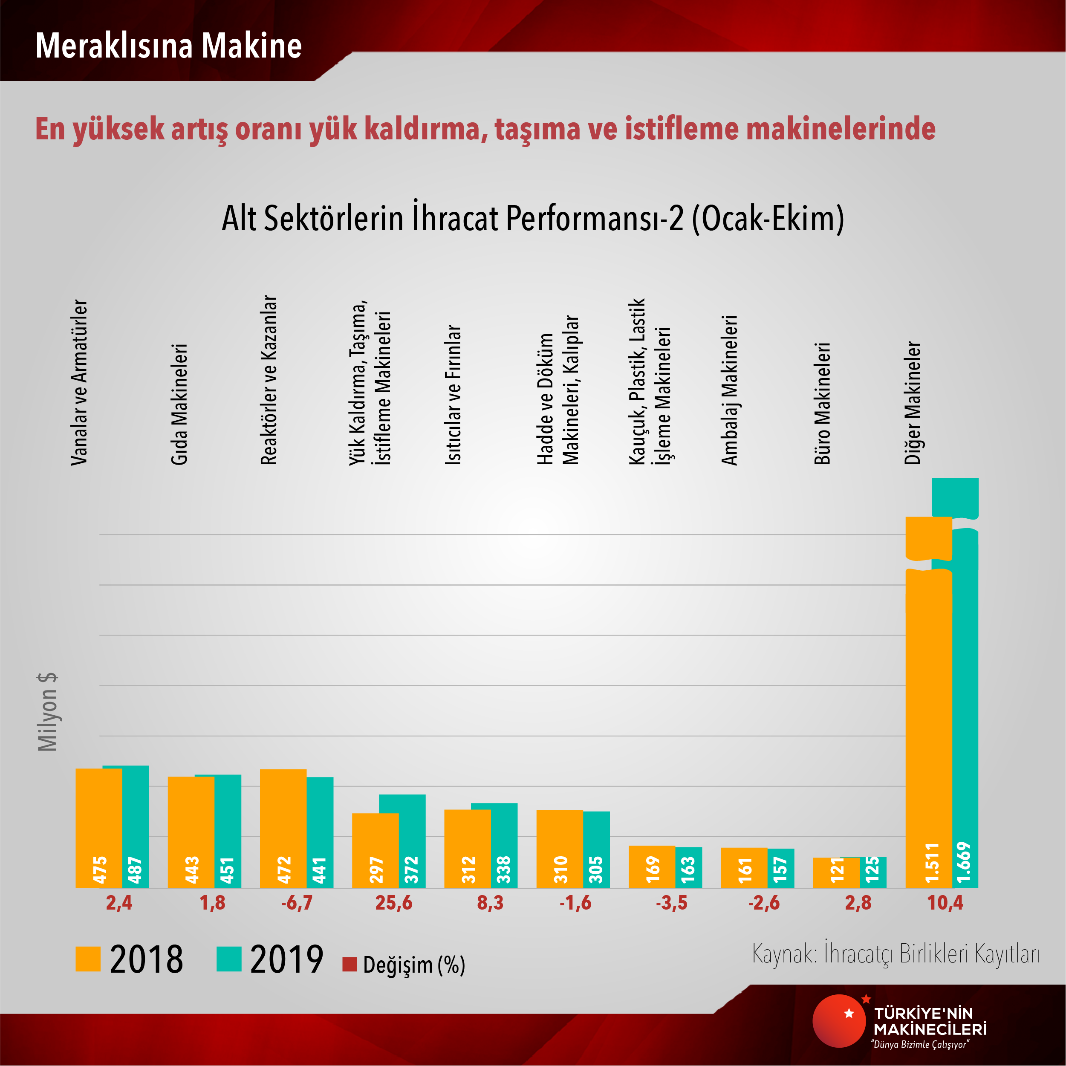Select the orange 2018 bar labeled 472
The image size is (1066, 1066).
283,828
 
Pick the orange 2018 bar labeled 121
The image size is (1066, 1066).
836,872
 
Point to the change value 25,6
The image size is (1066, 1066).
393,903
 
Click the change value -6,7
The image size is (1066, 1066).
297,903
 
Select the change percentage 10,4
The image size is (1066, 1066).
945,903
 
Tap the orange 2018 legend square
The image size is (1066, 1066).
88,959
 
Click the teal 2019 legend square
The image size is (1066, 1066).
229,959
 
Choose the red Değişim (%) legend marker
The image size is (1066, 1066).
349,964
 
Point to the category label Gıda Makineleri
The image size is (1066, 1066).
179,404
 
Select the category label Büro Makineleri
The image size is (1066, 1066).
822,403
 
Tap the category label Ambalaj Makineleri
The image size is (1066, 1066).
729,390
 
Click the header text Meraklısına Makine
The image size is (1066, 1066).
168,45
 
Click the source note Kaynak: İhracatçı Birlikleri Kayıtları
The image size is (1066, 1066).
896,953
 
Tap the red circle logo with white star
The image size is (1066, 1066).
839,1021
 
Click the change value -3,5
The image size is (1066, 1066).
671,903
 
